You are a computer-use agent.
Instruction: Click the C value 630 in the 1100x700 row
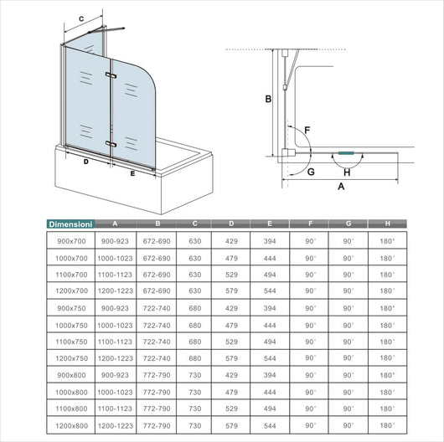194,274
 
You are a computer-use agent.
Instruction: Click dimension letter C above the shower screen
81,18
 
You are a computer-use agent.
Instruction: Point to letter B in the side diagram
267,100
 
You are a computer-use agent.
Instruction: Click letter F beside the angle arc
308,130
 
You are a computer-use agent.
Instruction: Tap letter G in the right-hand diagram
311,172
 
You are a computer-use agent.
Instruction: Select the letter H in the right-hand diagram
346,172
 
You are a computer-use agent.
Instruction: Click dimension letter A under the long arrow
340,188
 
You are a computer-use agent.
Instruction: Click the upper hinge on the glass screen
110,76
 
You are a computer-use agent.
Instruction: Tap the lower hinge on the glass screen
110,144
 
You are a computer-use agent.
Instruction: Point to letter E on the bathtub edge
132,175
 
